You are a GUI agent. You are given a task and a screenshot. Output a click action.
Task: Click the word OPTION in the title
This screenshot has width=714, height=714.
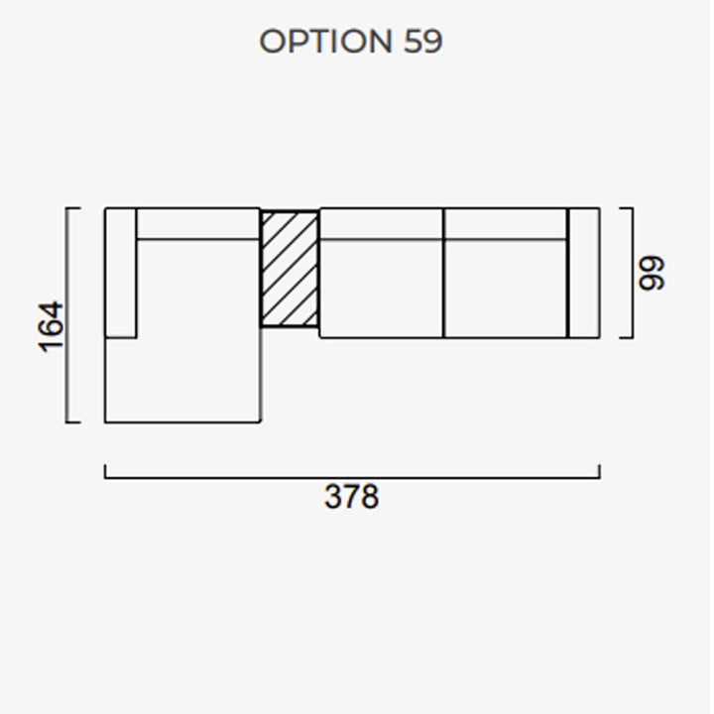(325, 41)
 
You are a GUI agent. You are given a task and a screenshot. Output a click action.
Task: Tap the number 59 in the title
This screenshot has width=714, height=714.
(423, 42)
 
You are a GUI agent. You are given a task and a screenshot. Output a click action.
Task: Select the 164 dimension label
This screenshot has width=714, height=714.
(51, 327)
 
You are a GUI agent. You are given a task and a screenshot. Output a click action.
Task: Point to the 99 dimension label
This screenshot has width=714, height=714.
(652, 274)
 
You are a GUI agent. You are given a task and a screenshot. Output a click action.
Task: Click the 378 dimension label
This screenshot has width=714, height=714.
(351, 497)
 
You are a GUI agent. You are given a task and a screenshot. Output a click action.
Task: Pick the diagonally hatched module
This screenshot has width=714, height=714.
(290, 269)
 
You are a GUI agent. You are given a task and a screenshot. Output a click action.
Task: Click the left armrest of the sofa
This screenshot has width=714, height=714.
(121, 273)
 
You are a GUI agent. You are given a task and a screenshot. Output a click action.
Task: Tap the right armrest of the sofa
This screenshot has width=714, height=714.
(584, 273)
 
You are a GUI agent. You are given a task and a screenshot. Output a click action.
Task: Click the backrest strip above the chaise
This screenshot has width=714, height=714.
(198, 223)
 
